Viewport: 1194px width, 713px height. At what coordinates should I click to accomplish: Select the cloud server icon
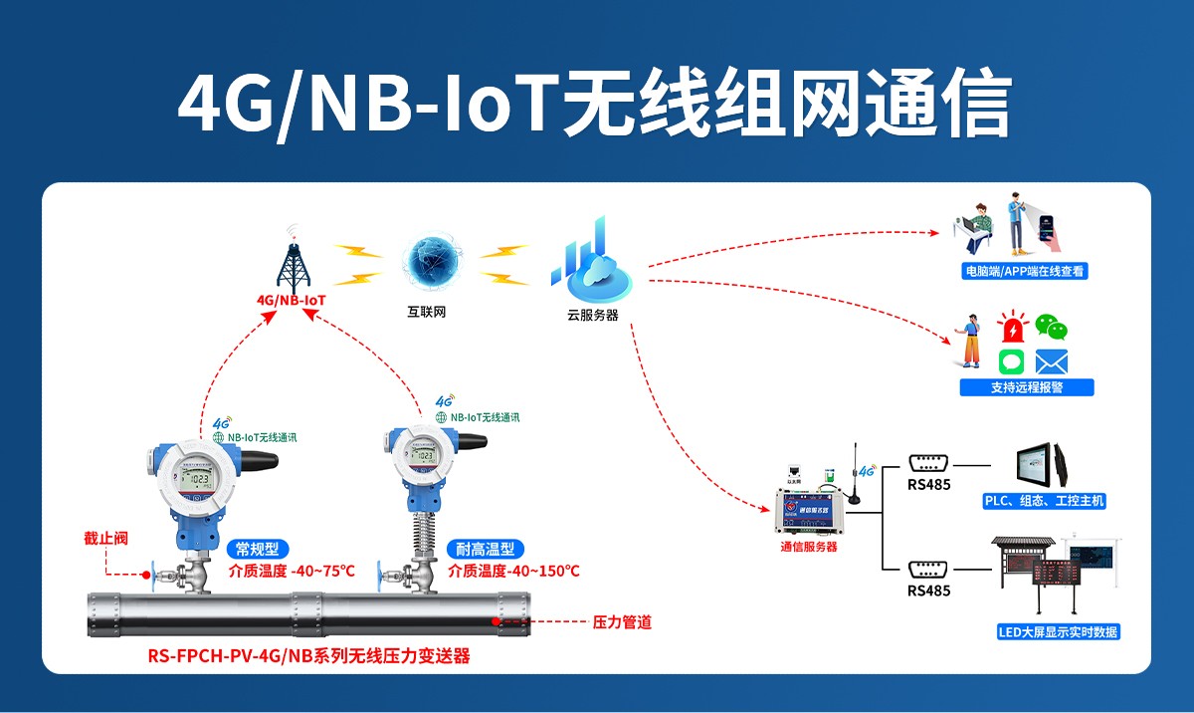point(589,264)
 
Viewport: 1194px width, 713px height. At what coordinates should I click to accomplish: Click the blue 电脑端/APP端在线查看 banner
point(1024,270)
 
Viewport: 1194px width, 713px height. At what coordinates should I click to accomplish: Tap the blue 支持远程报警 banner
point(1026,387)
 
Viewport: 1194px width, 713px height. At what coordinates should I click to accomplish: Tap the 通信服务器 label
point(808,547)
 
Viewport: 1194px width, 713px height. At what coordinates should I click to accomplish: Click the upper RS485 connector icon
point(930,463)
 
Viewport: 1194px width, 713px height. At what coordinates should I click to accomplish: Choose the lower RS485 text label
point(928,591)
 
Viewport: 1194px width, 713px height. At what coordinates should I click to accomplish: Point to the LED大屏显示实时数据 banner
point(1058,632)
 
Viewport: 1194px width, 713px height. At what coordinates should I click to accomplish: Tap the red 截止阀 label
point(105,540)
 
